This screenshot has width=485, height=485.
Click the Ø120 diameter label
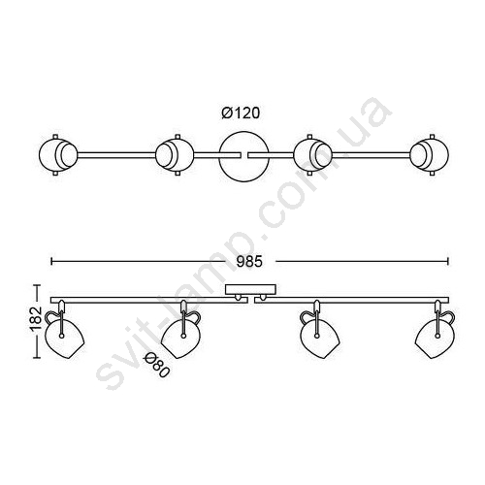241,113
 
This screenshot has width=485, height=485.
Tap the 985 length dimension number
249,262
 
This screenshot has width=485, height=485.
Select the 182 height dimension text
36,318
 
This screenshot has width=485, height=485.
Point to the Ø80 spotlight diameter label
157,366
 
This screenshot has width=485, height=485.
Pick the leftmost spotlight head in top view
58,155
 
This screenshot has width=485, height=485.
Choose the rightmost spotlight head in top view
429,155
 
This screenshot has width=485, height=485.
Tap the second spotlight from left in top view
175,155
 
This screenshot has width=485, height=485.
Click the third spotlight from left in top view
313,155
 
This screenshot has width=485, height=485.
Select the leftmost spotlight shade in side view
65,336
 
